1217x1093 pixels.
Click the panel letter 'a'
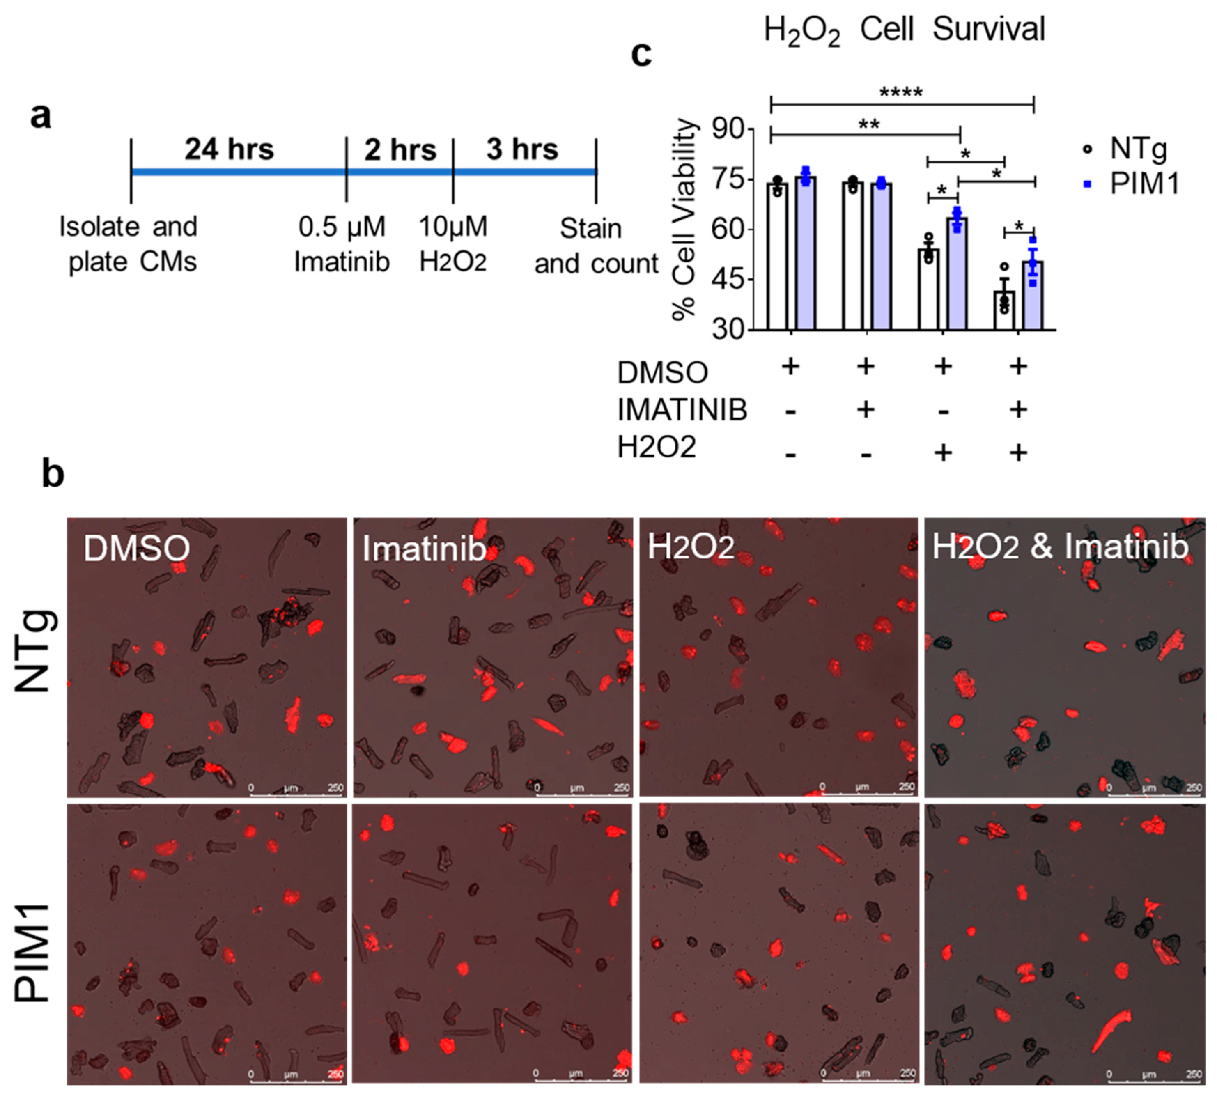(40, 116)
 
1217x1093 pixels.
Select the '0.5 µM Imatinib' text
(342, 244)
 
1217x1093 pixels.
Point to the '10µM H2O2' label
(453, 244)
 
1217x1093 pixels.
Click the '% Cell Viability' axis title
(684, 220)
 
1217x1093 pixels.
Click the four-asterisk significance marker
(900, 94)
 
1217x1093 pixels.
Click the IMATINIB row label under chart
(682, 410)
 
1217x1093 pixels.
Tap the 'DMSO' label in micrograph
(136, 548)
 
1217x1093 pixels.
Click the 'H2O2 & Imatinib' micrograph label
(1060, 546)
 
